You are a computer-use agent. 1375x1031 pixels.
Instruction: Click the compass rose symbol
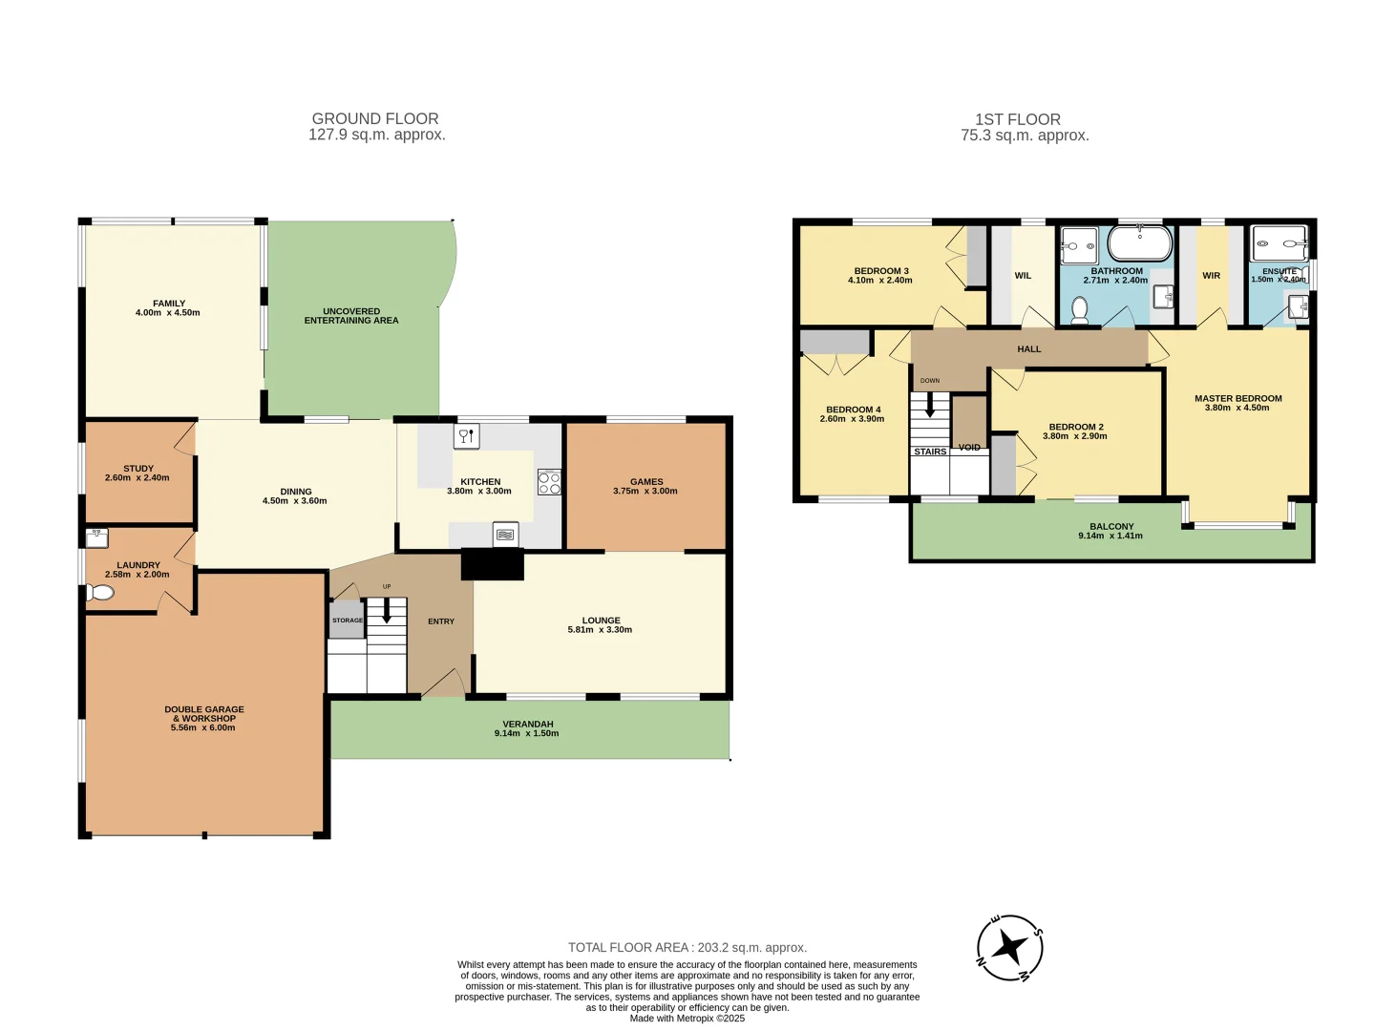(x=1009, y=948)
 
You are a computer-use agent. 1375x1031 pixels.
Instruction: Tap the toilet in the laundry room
(x=100, y=593)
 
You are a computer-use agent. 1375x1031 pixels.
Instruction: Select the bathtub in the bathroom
(x=1139, y=243)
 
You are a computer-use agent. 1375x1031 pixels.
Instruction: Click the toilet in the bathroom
(x=1080, y=309)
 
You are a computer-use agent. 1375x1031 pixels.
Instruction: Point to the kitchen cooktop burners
(x=549, y=482)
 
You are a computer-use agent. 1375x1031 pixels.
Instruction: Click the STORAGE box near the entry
(x=348, y=620)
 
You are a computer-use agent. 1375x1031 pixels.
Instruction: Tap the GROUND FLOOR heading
(x=375, y=119)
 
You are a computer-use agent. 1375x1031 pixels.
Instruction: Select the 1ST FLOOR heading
(x=1017, y=119)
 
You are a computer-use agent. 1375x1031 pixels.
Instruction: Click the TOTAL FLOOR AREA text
(x=687, y=947)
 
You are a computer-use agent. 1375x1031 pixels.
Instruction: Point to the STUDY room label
(x=138, y=469)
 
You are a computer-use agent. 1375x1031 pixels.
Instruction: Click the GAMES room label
(x=646, y=482)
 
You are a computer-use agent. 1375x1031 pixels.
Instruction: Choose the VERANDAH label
(x=528, y=724)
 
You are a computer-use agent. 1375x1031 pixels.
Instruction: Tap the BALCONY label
(x=1111, y=526)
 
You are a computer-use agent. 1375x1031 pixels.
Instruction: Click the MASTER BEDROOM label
(x=1237, y=398)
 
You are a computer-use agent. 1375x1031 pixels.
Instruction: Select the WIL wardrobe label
(x=1023, y=276)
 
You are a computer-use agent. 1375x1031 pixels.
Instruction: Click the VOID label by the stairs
(x=969, y=447)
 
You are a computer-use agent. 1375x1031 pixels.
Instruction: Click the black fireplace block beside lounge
(x=492, y=564)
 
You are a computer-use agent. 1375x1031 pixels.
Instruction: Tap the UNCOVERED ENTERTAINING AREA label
(x=351, y=316)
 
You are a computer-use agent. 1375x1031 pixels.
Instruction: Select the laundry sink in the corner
(x=96, y=537)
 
